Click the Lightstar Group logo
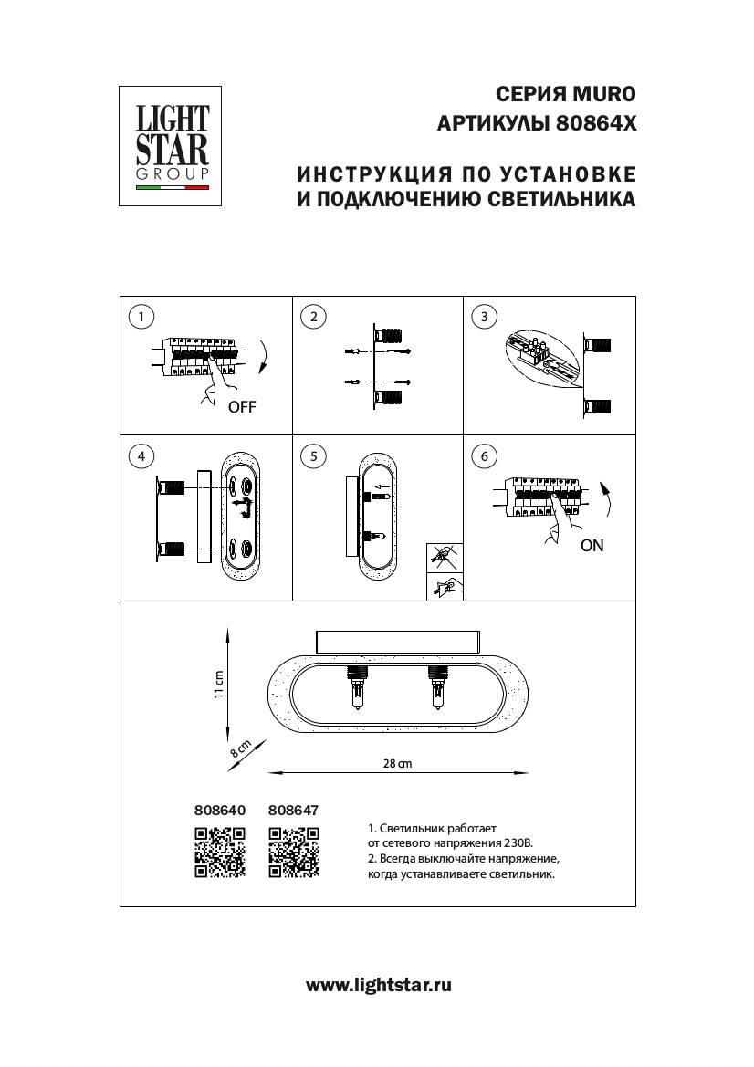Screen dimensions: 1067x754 pos(172,146)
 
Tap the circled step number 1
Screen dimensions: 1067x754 pos(141,317)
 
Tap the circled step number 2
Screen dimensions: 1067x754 pos(313,317)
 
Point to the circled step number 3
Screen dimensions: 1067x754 pos(485,317)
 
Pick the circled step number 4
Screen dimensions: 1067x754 pos(141,455)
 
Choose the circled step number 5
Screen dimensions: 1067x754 pos(313,455)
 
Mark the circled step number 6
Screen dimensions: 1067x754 pos(485,455)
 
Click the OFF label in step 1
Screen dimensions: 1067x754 pos(242,407)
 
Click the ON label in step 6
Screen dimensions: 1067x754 pos(592,546)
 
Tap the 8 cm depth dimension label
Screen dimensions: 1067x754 pos(240,750)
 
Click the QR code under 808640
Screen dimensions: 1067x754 pos(220,852)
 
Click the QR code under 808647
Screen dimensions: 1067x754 pos(294,852)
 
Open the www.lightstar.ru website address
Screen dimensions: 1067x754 pos(378,985)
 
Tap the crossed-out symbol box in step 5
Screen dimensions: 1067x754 pos(445,554)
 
